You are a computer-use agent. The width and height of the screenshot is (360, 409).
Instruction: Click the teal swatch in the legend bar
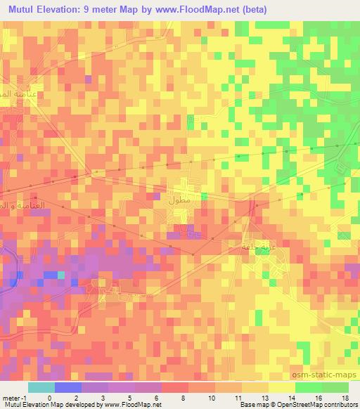(x=41, y=387)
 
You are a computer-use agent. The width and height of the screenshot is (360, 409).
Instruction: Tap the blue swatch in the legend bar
(x=67, y=387)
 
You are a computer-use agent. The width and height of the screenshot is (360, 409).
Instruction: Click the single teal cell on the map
(x=60, y=275)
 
